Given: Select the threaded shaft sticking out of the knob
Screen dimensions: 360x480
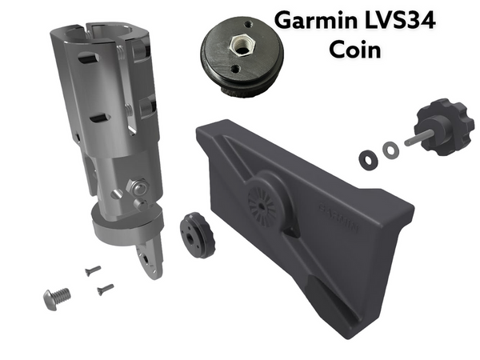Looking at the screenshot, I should coord(416,138).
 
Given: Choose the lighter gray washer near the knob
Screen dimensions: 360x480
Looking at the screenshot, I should coord(390,149).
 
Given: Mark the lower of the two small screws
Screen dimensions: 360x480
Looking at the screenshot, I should coord(104,289).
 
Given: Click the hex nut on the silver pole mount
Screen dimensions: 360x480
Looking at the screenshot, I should coord(138,188).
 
